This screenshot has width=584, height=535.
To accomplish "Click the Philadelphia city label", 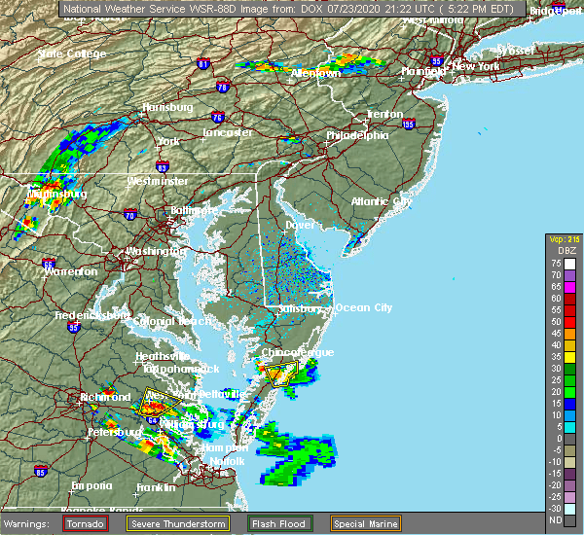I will click(x=357, y=135).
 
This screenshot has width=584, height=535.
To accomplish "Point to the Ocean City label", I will click(x=364, y=307).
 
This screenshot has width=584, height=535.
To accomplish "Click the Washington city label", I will click(x=155, y=251).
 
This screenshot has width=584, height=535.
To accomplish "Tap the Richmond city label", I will click(x=106, y=397).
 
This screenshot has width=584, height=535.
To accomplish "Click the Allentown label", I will click(x=314, y=73).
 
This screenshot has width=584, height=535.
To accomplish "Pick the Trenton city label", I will click(x=384, y=114).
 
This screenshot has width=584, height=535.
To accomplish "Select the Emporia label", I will click(x=91, y=485).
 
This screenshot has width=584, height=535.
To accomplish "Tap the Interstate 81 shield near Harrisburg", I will click(x=202, y=64).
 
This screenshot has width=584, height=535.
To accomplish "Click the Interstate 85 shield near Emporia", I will click(x=40, y=473).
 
